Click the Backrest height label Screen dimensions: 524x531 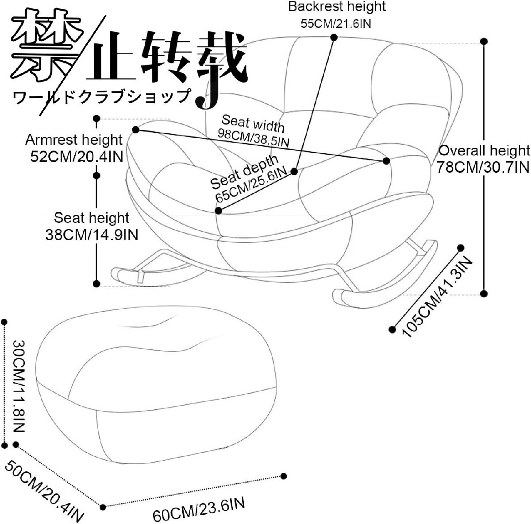pos(337,7)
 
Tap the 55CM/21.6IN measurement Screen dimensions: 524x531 pos(336,23)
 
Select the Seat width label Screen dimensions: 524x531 pos(253,123)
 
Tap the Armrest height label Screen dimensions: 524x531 pos(73,140)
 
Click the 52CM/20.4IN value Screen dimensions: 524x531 pos(77,157)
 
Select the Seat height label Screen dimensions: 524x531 pos(92,217)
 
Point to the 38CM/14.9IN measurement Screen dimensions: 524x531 pos(92,234)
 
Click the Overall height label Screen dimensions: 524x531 pos(484,151)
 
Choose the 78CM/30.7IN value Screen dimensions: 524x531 pos(483,167)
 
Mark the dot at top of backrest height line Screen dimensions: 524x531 pos(333,38)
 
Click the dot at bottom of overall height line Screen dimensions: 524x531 pos(484,293)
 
